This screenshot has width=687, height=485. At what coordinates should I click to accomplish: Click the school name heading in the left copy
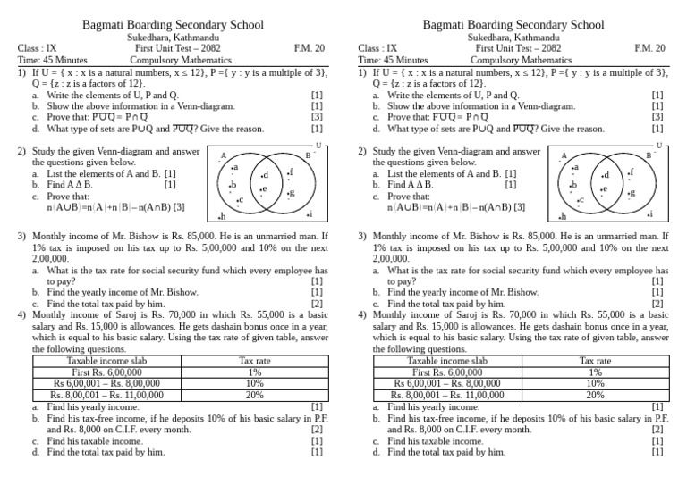[x=173, y=25]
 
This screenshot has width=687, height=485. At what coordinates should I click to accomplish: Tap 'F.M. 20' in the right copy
[x=648, y=48]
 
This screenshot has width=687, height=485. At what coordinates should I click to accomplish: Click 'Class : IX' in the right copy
[x=377, y=48]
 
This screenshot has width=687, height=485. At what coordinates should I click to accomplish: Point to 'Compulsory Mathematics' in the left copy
[x=173, y=60]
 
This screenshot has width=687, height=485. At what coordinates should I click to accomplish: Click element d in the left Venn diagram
[x=263, y=175]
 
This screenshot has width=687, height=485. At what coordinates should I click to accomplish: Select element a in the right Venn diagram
[x=575, y=167]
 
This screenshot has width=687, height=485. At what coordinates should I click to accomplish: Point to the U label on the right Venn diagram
[x=659, y=145]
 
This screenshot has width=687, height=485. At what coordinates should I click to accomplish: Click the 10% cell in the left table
[x=255, y=382]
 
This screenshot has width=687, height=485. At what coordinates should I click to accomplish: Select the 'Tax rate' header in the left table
[x=255, y=361]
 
